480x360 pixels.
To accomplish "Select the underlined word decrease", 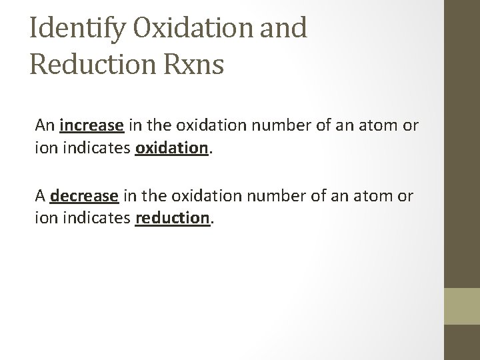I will tap(84, 197).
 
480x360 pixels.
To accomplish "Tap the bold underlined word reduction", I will tap(172, 217).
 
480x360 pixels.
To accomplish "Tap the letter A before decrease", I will tap(41, 197).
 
